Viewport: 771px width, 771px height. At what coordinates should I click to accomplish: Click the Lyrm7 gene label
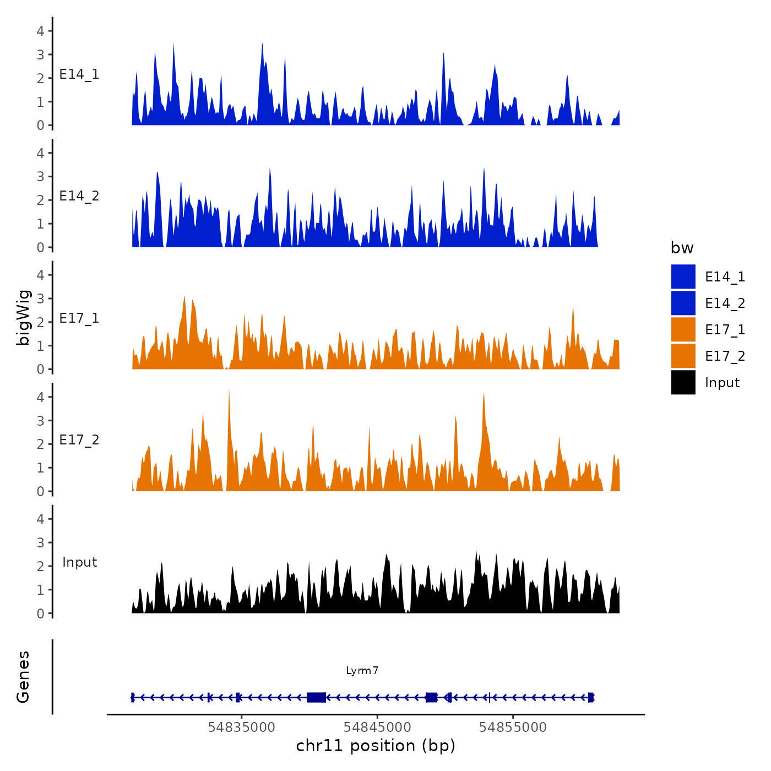362,670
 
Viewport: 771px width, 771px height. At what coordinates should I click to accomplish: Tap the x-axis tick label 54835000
241,727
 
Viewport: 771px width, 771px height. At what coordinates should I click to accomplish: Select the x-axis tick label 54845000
377,727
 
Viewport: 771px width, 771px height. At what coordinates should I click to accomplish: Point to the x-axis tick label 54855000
513,727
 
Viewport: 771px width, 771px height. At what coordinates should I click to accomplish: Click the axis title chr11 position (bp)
376,746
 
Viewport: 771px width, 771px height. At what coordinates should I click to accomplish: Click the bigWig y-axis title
23,317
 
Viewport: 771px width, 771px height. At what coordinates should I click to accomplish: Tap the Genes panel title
23,677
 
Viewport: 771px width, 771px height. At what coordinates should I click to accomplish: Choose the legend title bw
682,248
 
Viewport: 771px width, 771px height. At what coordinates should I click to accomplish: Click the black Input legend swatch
683,382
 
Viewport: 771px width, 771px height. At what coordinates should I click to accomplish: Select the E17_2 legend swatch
683,356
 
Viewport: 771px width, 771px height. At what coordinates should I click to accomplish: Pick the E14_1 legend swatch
683,276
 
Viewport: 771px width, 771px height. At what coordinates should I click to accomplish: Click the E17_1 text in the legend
725,329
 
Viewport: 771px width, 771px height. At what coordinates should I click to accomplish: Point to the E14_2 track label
79,196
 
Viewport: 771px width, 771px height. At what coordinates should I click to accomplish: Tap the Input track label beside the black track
79,562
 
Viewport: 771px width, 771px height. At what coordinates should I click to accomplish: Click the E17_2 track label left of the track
79,439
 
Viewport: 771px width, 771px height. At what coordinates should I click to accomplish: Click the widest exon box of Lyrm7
316,697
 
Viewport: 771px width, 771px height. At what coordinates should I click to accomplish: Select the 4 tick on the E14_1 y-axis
40,31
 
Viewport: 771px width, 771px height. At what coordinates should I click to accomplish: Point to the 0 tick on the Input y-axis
40,613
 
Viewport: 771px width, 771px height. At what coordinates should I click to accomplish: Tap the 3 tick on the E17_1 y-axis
40,298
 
